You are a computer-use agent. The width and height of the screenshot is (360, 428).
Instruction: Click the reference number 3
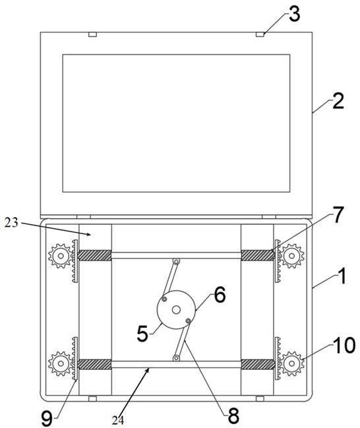295,15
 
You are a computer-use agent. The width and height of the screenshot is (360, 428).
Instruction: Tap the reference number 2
338,102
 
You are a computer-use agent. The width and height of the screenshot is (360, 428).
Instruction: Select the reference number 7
338,215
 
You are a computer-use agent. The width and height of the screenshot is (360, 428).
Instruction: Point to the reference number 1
341,276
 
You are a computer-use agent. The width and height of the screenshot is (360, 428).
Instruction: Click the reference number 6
220,295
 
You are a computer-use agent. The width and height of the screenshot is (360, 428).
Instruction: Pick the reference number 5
142,334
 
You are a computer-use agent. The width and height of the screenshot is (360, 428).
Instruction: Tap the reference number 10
345,346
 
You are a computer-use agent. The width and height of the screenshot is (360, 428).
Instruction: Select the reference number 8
233,416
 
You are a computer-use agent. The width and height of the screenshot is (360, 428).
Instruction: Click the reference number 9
47,419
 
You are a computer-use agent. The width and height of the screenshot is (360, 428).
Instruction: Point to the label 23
11,223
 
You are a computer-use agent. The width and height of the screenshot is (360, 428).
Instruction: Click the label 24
118,421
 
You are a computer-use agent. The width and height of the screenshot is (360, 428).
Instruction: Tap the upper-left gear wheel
61,256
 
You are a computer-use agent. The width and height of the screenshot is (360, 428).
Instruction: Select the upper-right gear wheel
292,256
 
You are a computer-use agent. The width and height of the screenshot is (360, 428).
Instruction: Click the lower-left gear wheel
61,363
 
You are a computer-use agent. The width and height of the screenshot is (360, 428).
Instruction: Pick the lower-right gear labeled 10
292,363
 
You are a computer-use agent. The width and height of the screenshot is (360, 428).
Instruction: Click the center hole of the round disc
176,310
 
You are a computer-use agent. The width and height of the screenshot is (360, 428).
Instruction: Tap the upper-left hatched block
94,255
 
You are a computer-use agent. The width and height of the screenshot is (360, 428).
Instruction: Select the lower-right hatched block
258,364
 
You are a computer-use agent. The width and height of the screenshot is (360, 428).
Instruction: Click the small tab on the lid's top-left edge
93,35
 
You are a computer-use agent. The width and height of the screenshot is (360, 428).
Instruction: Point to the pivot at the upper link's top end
177,262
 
